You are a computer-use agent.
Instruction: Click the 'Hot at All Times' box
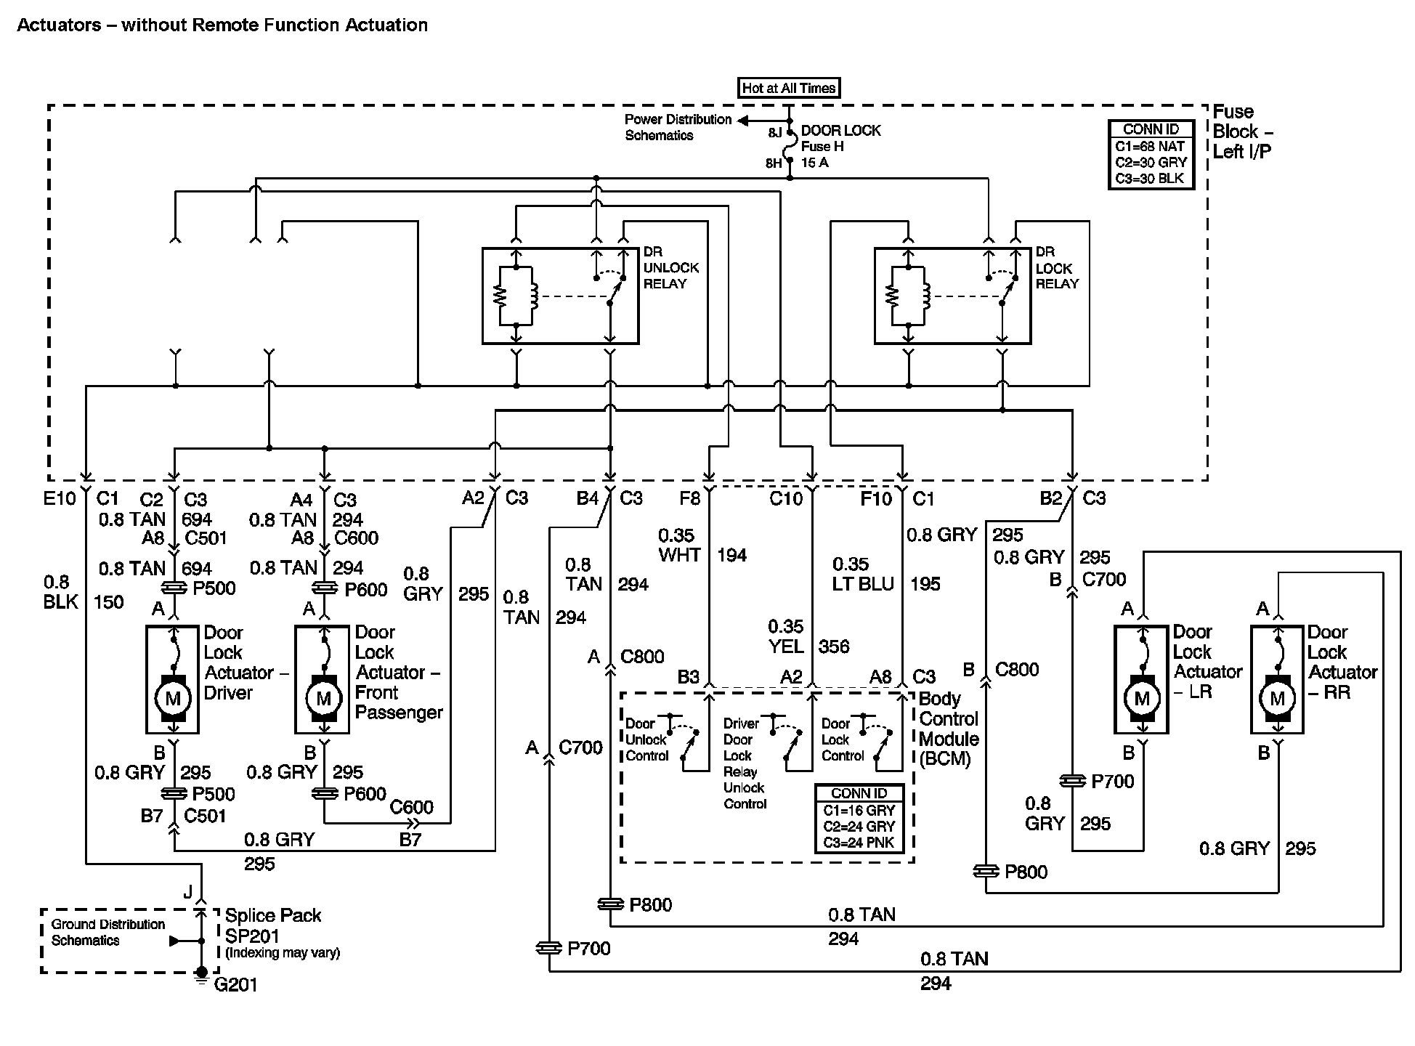(789, 89)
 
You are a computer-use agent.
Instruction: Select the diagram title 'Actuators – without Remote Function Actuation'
(222, 25)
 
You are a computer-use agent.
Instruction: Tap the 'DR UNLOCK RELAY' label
(670, 268)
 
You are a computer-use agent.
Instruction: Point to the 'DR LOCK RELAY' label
(1056, 268)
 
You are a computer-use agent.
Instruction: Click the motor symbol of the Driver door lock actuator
(173, 699)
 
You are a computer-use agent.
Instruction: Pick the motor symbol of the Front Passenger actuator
(324, 699)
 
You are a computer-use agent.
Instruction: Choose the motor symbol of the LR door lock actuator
(1142, 699)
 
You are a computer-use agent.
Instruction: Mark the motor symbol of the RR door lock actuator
(1277, 699)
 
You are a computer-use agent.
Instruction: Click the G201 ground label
(236, 984)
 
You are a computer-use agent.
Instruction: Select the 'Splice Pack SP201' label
(273, 925)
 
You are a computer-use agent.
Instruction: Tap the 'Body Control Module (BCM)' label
(949, 729)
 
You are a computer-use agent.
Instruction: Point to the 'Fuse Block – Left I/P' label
(1242, 131)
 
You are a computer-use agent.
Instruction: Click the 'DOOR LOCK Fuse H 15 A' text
(840, 147)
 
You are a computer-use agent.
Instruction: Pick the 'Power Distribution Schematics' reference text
(678, 127)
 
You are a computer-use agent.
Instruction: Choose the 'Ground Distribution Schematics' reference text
(108, 932)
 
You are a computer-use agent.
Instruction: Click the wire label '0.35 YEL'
(786, 636)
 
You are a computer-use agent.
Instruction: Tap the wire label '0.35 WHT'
(678, 546)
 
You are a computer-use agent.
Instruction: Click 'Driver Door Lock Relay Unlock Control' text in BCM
(745, 763)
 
